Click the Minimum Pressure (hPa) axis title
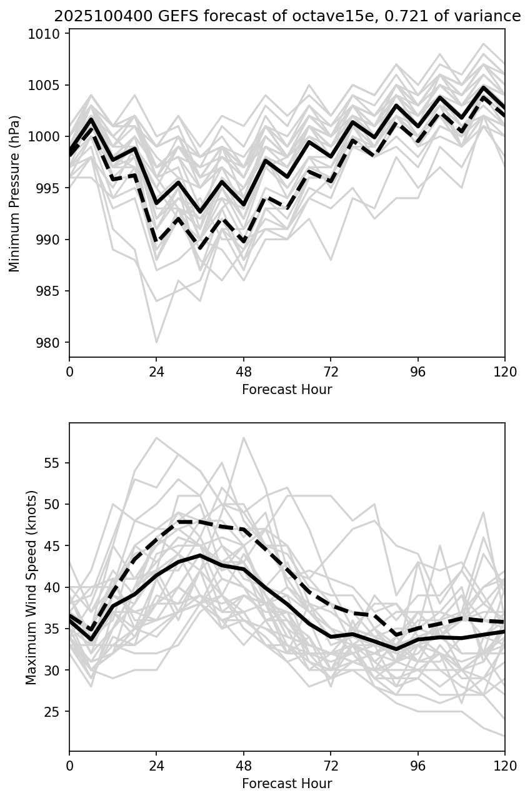click(15, 193)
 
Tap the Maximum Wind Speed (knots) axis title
click(31, 587)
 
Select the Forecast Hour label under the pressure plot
click(287, 390)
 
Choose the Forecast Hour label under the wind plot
click(287, 784)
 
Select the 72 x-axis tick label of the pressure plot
click(331, 372)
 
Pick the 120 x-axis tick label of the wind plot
click(505, 766)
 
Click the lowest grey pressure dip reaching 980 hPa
click(156, 342)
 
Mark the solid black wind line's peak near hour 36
click(200, 555)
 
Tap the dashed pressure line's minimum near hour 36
click(200, 249)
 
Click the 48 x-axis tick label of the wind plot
click(244, 766)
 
